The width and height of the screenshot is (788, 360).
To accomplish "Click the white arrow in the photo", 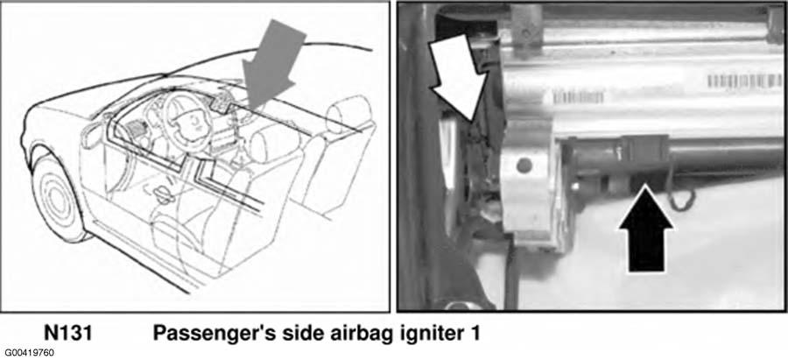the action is pyautogui.click(x=456, y=76).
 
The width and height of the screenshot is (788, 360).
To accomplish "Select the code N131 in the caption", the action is pyautogui.click(x=67, y=333).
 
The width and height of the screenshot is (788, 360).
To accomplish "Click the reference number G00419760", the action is pyautogui.click(x=30, y=353).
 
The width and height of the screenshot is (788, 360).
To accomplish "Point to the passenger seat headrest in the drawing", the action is pyautogui.click(x=348, y=114).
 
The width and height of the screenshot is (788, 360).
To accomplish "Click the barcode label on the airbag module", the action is pyautogui.click(x=744, y=81).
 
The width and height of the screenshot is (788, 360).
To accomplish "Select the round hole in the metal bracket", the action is pyautogui.click(x=524, y=165).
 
